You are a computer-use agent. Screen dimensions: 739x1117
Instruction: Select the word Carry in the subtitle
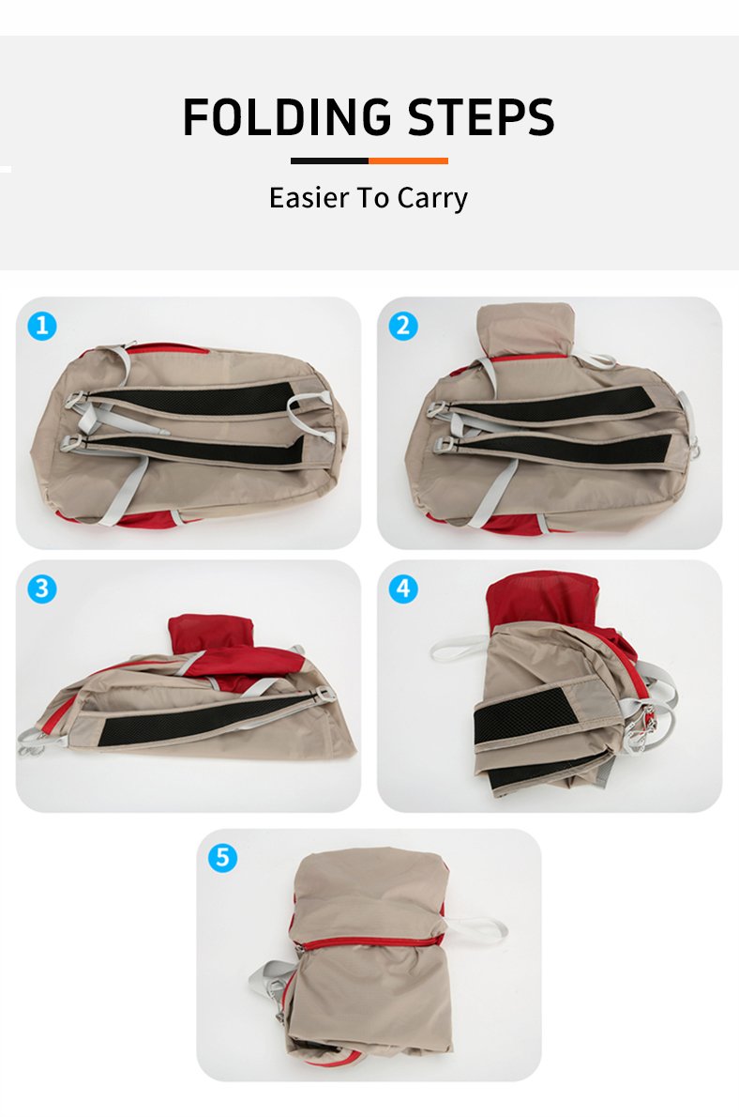click(x=432, y=198)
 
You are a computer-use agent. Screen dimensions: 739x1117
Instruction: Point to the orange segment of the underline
click(x=409, y=161)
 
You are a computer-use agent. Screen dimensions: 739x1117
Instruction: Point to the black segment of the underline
click(x=329, y=161)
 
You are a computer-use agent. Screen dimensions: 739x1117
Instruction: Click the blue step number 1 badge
click(x=42, y=326)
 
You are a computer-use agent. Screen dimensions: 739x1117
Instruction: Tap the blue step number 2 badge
click(x=403, y=326)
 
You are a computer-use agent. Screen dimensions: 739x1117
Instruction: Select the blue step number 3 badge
click(x=42, y=589)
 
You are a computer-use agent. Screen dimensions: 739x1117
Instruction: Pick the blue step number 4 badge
click(x=403, y=589)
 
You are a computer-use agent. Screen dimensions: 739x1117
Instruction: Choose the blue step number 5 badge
click(x=222, y=857)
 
